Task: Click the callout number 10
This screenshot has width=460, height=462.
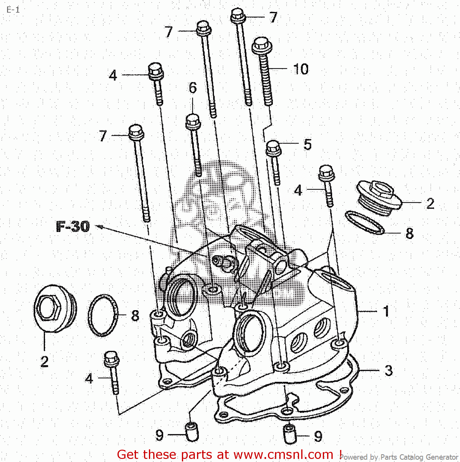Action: coord(301,69)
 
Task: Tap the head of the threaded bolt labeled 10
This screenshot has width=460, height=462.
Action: coord(262,46)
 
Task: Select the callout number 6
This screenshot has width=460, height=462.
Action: coord(193,88)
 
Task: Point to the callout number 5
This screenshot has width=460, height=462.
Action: coord(307,144)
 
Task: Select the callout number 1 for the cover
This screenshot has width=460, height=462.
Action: coord(386,311)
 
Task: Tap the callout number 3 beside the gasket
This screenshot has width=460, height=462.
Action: coord(388,371)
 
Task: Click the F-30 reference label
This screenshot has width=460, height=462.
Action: coord(73,226)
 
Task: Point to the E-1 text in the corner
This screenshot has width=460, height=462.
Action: coord(13,10)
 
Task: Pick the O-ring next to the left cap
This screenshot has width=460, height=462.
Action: coord(103,315)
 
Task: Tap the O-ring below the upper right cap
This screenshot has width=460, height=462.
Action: coord(364,222)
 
